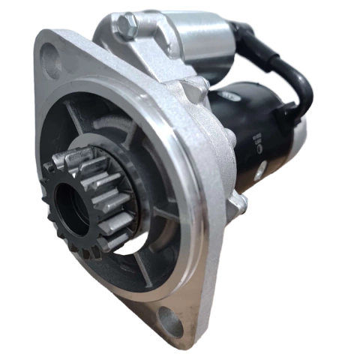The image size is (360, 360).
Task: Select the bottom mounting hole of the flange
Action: point(170,320)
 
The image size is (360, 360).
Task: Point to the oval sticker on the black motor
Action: point(228,97)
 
